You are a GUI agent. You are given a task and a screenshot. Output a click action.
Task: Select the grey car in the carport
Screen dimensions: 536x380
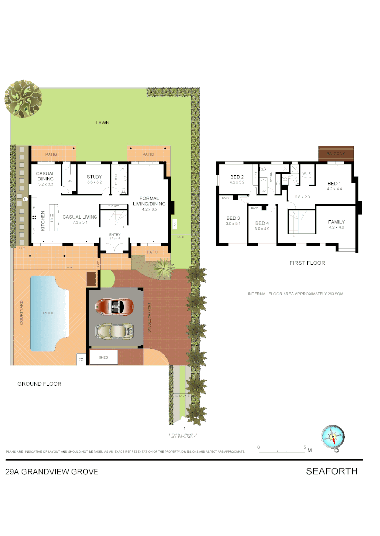[115, 331]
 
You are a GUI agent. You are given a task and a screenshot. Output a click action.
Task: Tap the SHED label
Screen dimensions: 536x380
[103, 357]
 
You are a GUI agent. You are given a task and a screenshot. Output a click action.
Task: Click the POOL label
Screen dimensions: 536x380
[48, 313]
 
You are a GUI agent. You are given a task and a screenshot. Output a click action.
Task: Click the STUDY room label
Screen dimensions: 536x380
[94, 177]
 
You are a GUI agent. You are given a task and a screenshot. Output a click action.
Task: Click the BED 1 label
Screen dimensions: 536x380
[333, 183]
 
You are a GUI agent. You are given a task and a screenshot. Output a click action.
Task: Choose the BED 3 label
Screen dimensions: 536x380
[233, 218]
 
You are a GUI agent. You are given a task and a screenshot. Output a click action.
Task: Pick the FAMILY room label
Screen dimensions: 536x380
[336, 222]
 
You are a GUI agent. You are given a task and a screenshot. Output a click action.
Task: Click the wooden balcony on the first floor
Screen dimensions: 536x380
[335, 153]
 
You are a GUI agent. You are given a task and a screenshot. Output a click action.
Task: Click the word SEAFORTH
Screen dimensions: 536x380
[332, 471]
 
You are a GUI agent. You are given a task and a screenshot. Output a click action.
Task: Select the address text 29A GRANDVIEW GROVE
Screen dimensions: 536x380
[52, 472]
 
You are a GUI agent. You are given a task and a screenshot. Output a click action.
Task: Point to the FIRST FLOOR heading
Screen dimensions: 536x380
[307, 263]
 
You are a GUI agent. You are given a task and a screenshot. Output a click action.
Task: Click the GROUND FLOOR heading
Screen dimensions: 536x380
[39, 384]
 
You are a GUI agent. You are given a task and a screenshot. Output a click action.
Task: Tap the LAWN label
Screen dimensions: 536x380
[103, 123]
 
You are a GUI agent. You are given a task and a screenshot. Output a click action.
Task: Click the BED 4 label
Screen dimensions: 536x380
[262, 223]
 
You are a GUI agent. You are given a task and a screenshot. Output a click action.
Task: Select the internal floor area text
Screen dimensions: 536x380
[295, 294]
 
